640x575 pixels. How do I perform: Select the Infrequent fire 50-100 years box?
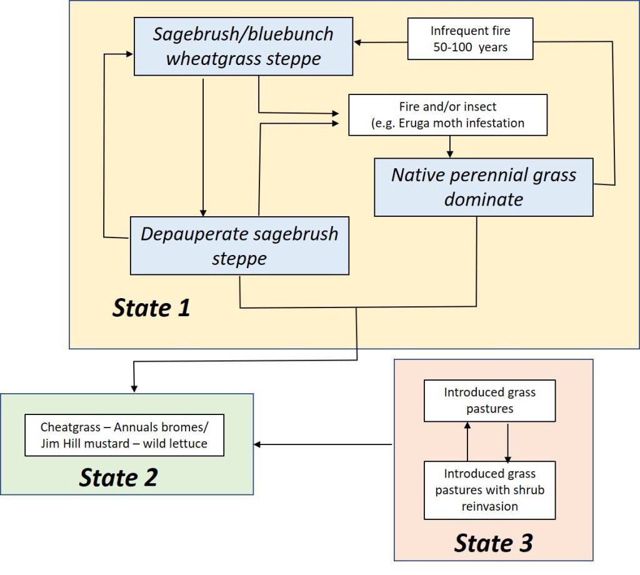(470, 39)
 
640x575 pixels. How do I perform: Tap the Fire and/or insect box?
(447, 115)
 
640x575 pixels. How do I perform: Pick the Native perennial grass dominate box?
(483, 187)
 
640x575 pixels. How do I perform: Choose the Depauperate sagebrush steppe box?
(239, 246)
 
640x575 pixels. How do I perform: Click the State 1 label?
(151, 308)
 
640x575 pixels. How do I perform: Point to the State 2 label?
(118, 478)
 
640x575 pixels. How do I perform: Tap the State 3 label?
(493, 542)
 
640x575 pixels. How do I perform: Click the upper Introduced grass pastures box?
(489, 401)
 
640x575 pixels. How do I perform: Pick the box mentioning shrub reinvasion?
(489, 490)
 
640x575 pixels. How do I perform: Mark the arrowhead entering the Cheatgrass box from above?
(134, 388)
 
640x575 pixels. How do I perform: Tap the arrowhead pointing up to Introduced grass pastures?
(467, 425)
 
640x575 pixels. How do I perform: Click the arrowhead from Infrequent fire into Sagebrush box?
(357, 43)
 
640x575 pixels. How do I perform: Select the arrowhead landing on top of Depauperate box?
(203, 212)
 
